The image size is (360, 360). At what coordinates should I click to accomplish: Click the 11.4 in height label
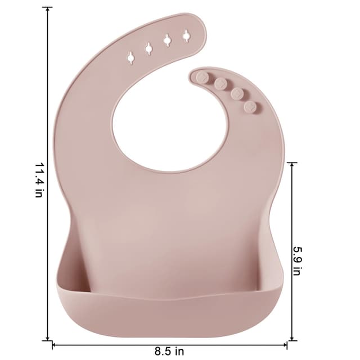pos(39,181)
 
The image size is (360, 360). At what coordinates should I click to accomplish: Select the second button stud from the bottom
pos(237,93)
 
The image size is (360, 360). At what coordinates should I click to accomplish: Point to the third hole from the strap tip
pos(148,48)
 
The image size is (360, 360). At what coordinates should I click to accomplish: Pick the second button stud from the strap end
pos(220,83)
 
